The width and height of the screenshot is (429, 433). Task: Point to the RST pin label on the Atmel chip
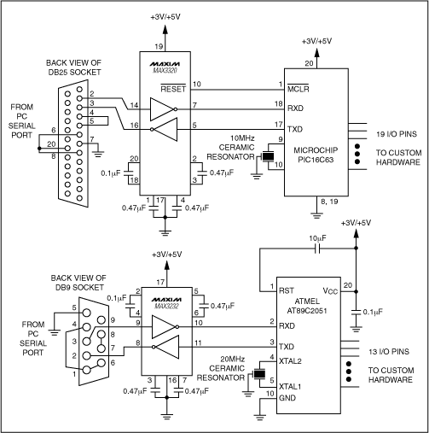point(287,290)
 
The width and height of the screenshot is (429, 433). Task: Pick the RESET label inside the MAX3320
point(175,87)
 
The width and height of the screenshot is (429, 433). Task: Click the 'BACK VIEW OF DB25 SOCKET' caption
point(87,66)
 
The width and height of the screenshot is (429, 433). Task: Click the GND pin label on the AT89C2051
point(287,398)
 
